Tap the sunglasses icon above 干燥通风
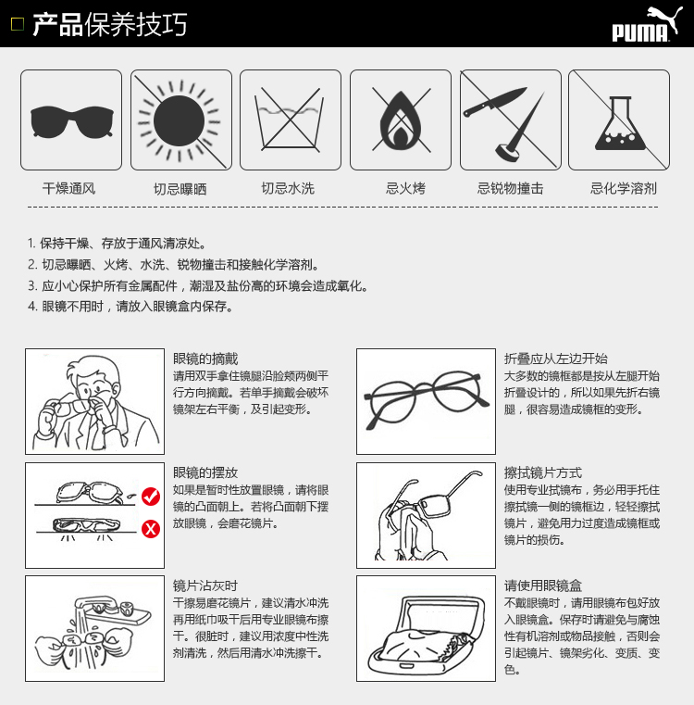coord(71,120)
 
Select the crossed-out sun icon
coord(180,120)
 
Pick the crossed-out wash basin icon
coord(291,120)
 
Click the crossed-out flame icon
coord(400,120)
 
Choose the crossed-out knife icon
coord(509,120)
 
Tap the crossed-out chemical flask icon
coord(618,120)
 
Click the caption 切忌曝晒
coord(180,189)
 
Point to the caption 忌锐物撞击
coord(510,189)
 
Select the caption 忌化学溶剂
coord(624,189)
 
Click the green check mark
coord(150,500)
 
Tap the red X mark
coord(150,530)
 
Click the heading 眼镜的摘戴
coord(205,359)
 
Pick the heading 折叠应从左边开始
coord(556,359)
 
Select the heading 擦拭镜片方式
coord(543,472)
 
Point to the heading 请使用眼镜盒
coord(543,585)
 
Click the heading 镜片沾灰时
coord(205,585)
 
